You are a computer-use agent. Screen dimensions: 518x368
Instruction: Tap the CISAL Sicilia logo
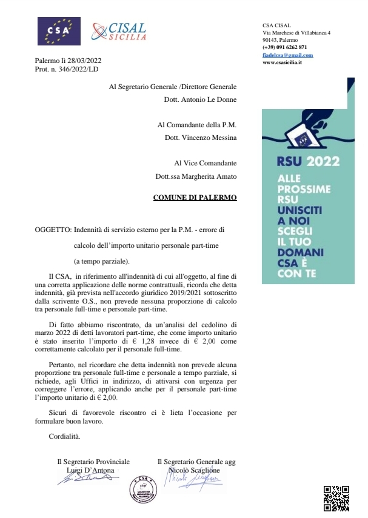click(x=119, y=30)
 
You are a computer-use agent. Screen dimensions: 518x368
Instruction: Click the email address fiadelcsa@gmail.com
click(x=287, y=55)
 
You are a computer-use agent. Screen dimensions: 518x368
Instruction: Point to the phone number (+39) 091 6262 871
click(x=285, y=47)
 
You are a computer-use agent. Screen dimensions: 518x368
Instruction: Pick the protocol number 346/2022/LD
click(x=78, y=70)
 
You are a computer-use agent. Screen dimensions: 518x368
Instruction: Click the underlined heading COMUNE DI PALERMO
click(x=195, y=198)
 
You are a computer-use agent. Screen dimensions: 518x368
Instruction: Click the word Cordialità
click(x=64, y=436)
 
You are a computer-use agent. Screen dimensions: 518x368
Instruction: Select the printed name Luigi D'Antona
click(x=93, y=470)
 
